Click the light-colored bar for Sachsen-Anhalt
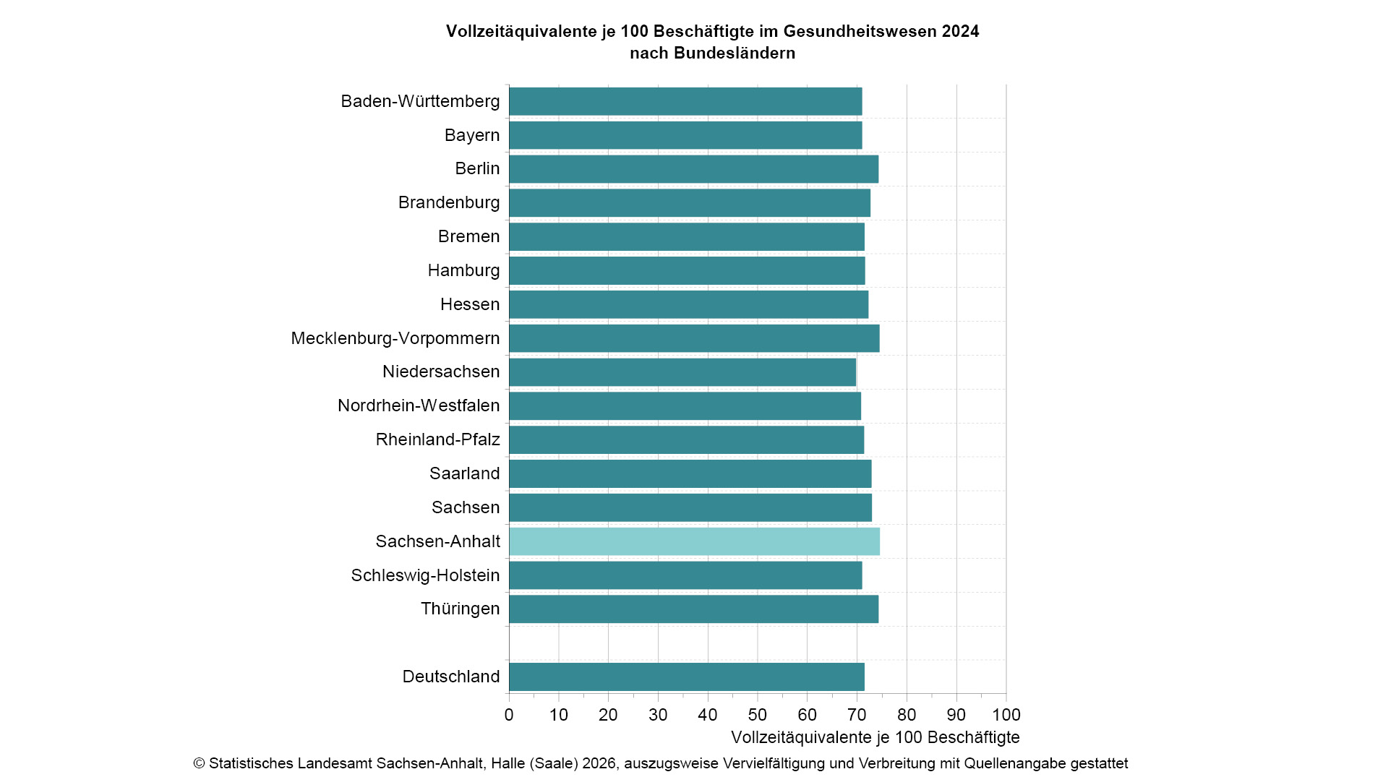tap(694, 541)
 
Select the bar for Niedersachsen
tap(682, 372)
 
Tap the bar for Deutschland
tap(687, 677)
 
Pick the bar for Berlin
tap(694, 169)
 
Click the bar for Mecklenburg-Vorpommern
tap(694, 338)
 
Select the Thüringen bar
tap(694, 609)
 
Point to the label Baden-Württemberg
tap(420, 101)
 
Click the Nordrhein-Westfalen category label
tap(419, 405)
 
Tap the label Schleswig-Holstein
tap(425, 575)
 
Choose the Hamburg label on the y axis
tap(463, 270)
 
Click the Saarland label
tap(464, 473)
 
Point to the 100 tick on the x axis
tap(1006, 715)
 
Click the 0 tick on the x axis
tap(509, 715)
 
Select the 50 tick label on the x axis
tap(757, 715)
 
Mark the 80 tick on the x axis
tap(907, 715)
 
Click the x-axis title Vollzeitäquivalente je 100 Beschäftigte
tap(875, 737)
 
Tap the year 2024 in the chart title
tap(960, 32)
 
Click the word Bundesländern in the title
tap(734, 53)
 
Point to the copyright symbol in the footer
tap(200, 764)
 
